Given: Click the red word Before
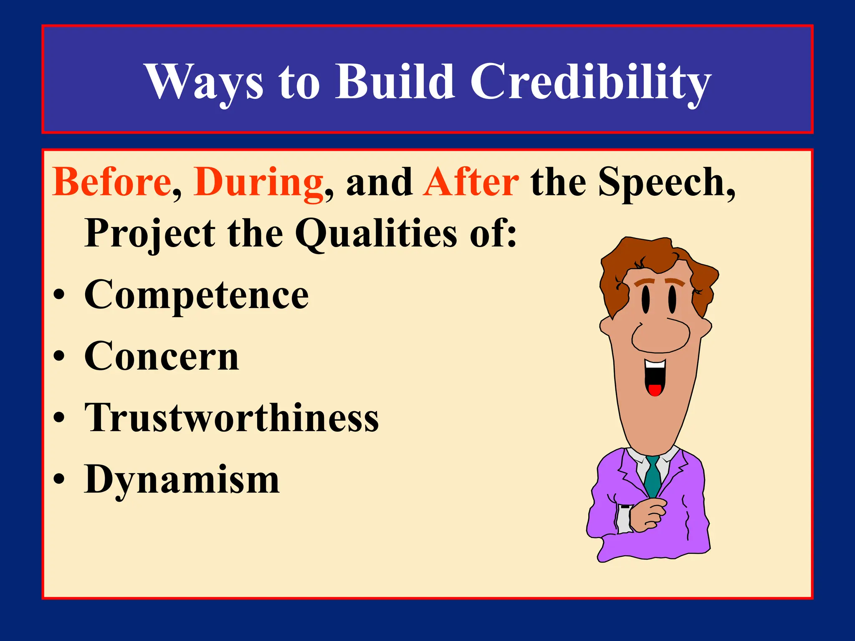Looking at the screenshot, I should tap(112, 182).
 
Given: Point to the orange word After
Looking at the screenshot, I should tap(471, 182).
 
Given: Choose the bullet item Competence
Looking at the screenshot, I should tap(196, 295).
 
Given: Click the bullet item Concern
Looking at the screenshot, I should tap(162, 356).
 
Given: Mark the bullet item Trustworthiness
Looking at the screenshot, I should tap(232, 418).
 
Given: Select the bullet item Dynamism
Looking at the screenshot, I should tap(182, 479).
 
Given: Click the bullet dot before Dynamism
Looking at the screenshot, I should tap(59, 479).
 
